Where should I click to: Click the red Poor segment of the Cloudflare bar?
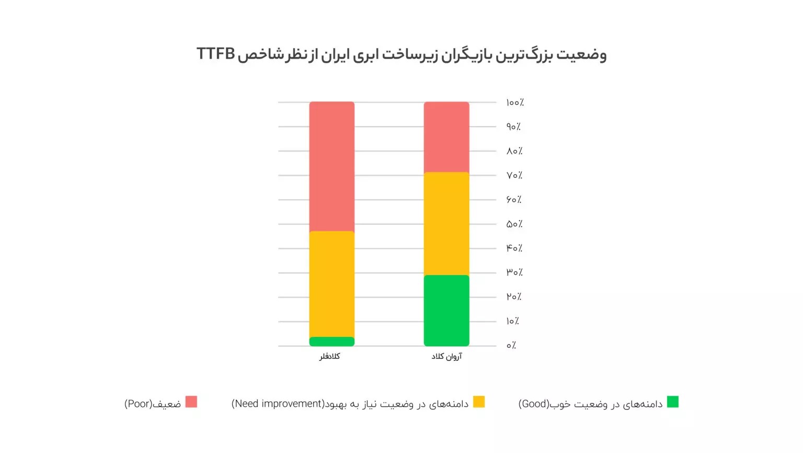tap(331, 166)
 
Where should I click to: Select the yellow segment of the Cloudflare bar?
tap(331, 284)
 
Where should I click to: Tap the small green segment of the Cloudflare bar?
tap(331, 342)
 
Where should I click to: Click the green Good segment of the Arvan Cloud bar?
tap(446, 310)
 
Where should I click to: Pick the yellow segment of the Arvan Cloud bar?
tap(446, 224)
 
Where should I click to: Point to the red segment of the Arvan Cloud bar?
tap(446, 137)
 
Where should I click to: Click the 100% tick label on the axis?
tap(514, 103)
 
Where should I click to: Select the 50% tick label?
tap(514, 224)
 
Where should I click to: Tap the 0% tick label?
tap(511, 345)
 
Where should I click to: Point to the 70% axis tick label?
tap(514, 175)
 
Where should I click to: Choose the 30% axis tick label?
tap(514, 273)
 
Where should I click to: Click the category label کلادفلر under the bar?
tap(330, 356)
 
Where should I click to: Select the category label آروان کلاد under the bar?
tap(446, 356)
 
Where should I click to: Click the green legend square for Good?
tap(673, 402)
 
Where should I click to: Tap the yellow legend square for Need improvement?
tap(479, 402)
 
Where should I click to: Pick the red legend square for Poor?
tap(191, 402)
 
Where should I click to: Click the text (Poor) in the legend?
tap(138, 404)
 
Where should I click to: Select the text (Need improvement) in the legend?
tap(278, 404)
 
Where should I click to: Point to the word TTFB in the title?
tap(215, 54)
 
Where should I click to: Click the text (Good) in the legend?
tap(534, 404)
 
